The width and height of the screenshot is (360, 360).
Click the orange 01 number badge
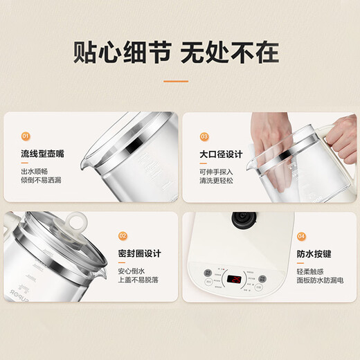click(25, 137)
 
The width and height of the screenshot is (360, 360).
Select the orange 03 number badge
click(204, 137)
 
